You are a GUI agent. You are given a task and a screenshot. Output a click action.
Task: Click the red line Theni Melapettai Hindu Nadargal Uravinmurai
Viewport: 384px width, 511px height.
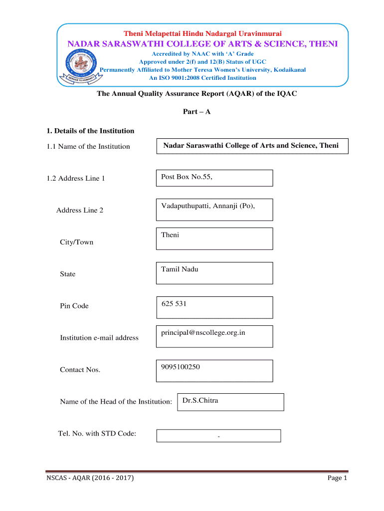pyautogui.click(x=202, y=33)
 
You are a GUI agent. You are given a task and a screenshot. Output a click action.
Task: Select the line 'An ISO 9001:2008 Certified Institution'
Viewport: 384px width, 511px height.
pyautogui.click(x=202, y=78)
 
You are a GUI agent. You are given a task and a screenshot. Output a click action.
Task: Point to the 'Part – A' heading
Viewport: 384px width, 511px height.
pyautogui.click(x=197, y=112)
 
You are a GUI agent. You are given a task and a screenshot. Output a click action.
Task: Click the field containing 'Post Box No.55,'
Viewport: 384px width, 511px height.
pyautogui.click(x=214, y=178)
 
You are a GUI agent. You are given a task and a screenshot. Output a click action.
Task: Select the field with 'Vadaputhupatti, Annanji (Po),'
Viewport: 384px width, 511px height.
pyautogui.click(x=214, y=210)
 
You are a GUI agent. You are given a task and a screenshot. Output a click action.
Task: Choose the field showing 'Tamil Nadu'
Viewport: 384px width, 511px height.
pyautogui.click(x=214, y=273)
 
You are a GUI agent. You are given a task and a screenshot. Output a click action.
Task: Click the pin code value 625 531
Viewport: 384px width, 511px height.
pyautogui.click(x=174, y=303)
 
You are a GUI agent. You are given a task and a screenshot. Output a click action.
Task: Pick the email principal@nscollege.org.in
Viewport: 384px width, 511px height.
pyautogui.click(x=203, y=332)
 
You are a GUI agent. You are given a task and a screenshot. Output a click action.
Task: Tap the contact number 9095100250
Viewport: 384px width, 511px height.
pyautogui.click(x=181, y=367)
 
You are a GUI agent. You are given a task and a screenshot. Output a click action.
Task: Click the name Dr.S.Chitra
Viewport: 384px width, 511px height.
pyautogui.click(x=200, y=400)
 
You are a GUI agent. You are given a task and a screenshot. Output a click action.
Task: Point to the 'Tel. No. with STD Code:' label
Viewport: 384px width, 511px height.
pyautogui.click(x=97, y=433)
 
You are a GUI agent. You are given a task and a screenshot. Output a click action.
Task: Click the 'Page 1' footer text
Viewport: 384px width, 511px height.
pyautogui.click(x=337, y=478)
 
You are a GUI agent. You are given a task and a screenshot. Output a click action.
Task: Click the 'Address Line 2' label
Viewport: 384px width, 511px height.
pyautogui.click(x=80, y=210)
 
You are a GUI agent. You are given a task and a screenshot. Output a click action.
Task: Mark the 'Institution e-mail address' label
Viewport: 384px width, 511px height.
pyautogui.click(x=99, y=338)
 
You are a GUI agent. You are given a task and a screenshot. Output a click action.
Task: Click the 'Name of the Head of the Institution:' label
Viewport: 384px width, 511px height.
pyautogui.click(x=116, y=402)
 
